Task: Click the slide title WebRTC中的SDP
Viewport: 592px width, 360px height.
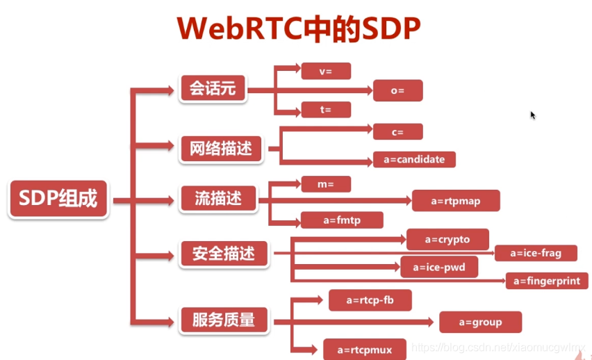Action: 299,29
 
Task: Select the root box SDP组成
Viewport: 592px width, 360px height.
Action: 59,200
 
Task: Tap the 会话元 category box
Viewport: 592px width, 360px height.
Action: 213,90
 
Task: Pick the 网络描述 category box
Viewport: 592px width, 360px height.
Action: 221,148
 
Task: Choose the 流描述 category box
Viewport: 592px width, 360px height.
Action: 218,200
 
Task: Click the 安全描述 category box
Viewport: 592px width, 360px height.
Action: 224,254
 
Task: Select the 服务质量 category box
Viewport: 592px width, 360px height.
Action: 224,320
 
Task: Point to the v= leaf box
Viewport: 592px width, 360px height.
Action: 326,70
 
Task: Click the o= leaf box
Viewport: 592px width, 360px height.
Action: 397,90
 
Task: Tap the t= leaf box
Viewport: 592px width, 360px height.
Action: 326,109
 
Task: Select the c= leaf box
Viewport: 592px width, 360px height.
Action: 397,131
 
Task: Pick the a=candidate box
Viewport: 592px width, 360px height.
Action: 414,159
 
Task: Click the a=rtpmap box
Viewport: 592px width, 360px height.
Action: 455,202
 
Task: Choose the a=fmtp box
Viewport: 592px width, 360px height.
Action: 342,220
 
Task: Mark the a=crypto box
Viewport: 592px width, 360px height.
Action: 447,239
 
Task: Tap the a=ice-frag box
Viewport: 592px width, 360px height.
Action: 536,253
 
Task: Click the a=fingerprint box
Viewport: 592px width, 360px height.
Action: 547,281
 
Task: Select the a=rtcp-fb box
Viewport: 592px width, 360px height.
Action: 370,300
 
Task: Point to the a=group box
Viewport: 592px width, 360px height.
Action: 480,322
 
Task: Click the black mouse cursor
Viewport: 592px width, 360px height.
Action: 533,115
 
